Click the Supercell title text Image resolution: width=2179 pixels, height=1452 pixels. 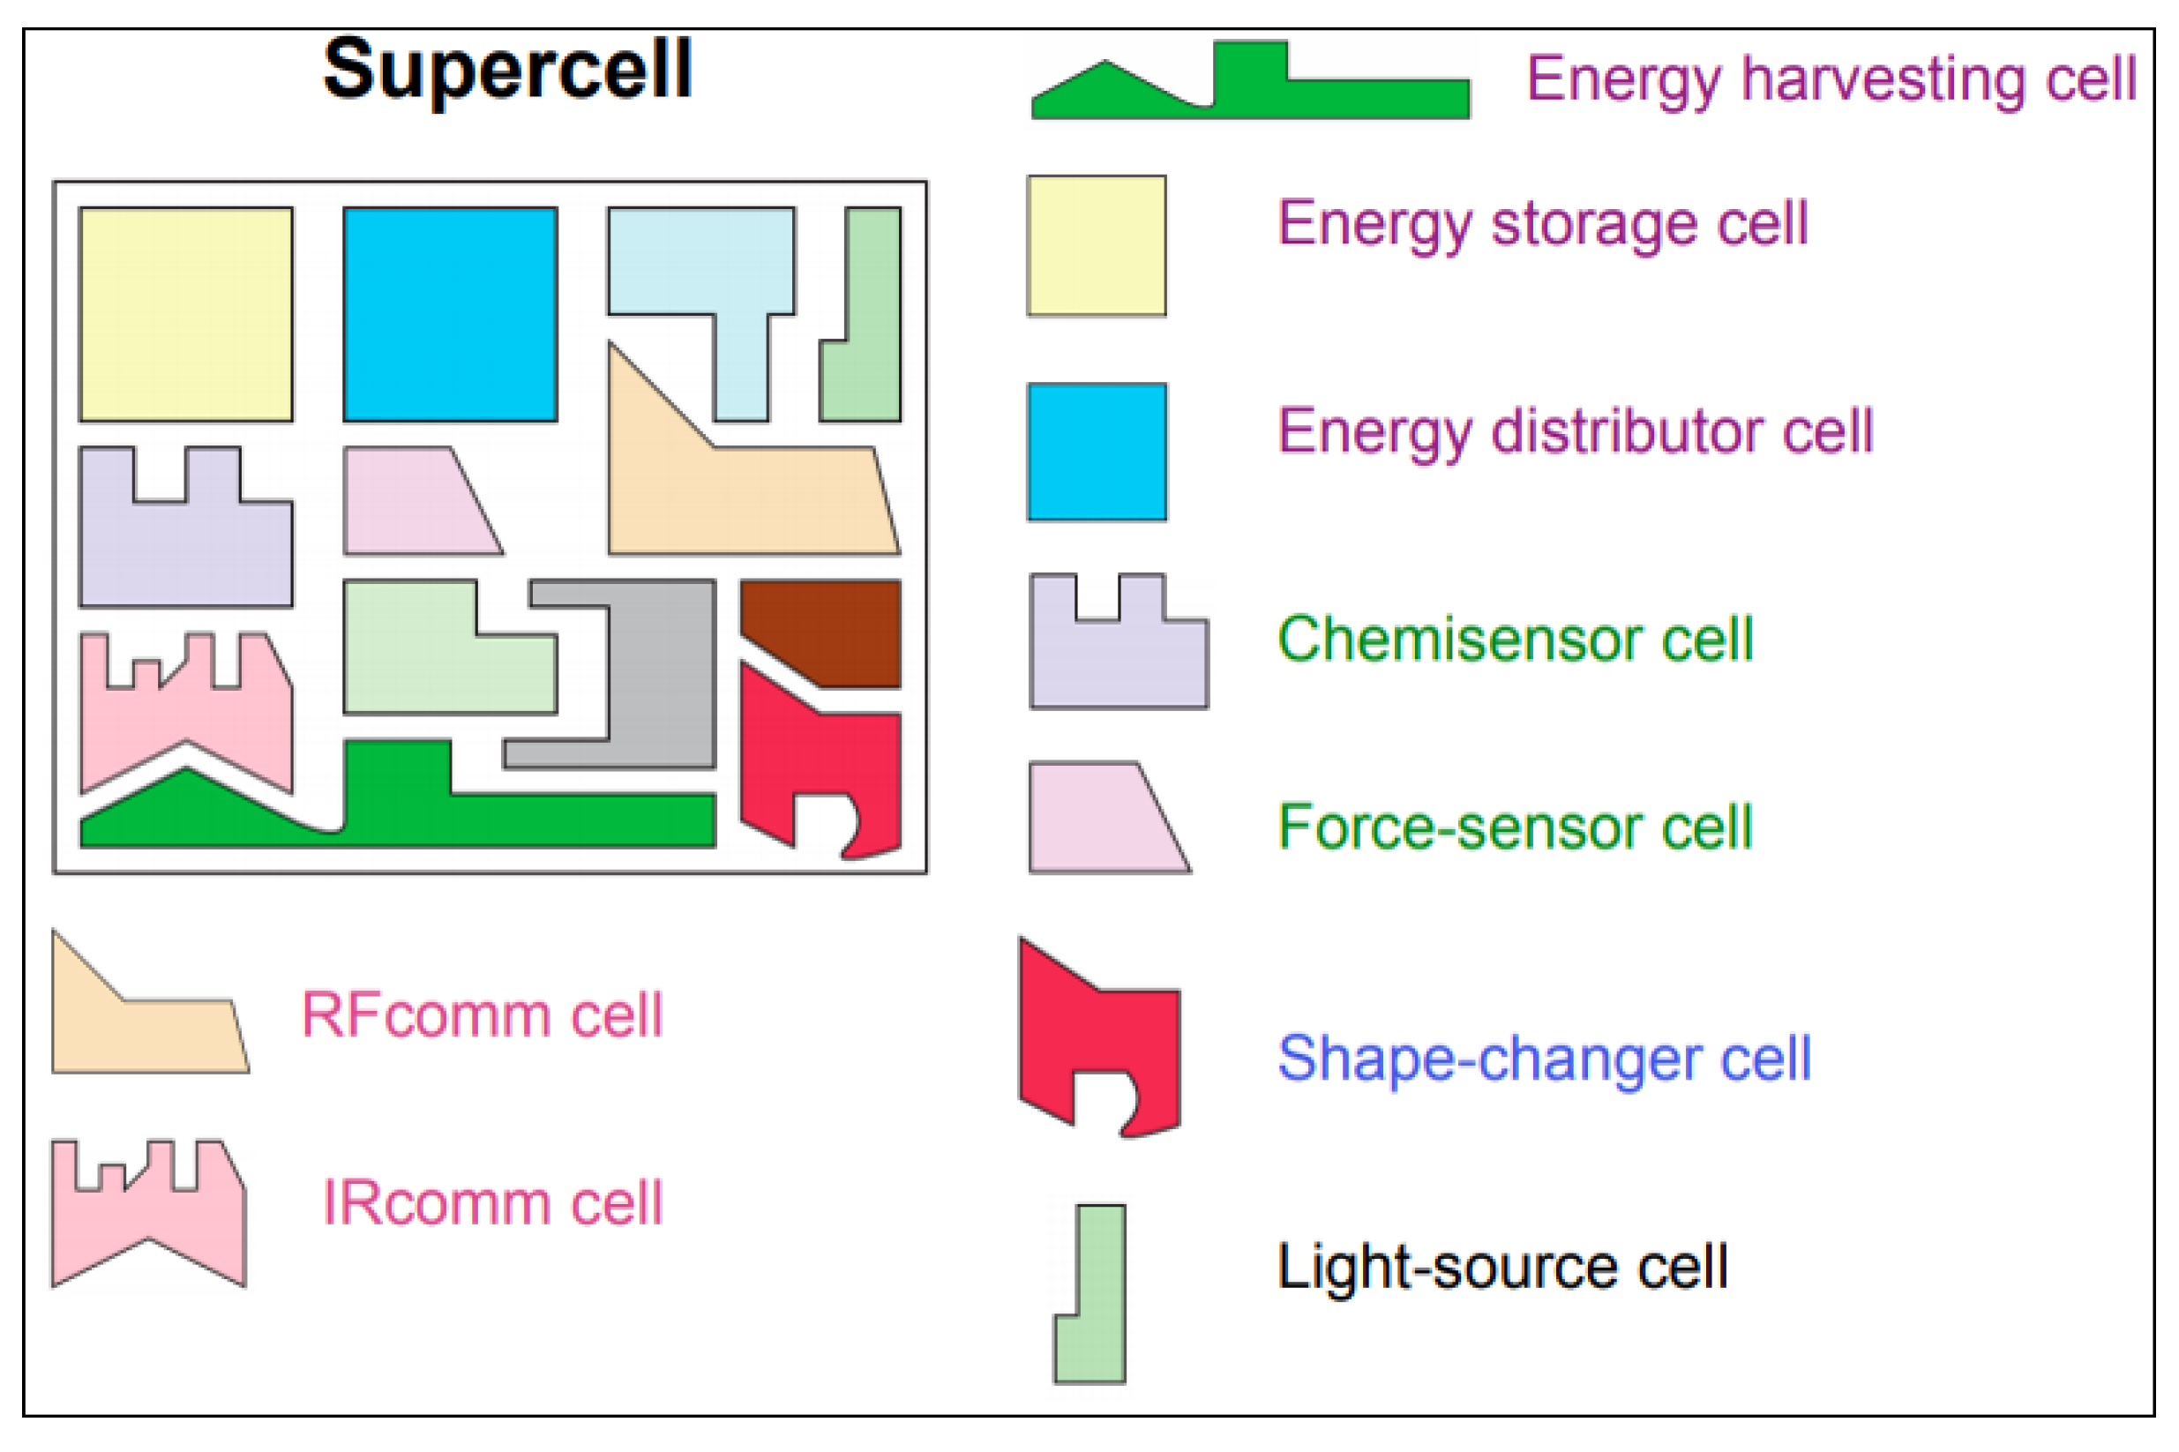coord(506,70)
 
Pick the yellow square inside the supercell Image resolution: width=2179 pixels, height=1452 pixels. coord(186,314)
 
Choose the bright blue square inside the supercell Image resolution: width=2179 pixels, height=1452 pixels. coord(450,314)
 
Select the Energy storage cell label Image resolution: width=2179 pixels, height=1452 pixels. coord(1543,224)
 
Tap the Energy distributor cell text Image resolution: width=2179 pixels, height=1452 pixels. coord(1576,431)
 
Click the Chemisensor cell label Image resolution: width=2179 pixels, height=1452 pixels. coord(1515,639)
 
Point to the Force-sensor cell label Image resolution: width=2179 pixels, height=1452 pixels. coord(1515,827)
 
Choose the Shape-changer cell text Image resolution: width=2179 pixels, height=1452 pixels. coord(1544,1059)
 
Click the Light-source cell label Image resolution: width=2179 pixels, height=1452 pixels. coord(1502,1266)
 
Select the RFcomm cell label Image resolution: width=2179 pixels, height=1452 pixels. coord(483,1015)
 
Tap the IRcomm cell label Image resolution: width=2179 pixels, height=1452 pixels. coord(491,1203)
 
